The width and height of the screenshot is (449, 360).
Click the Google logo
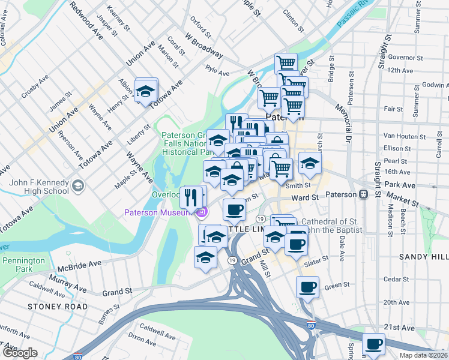tap(19, 353)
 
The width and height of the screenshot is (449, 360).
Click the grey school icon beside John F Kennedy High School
tap(77, 187)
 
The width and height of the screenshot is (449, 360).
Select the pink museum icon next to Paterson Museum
tap(202, 212)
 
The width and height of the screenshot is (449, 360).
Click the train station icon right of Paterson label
tap(363, 195)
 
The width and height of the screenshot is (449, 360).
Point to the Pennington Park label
tap(23, 265)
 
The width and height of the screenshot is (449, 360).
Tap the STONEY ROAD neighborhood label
tap(57, 307)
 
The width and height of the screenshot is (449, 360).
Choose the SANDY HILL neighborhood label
tap(423, 256)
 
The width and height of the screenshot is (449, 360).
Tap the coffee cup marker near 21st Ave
tap(373, 344)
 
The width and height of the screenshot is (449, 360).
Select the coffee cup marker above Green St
tap(307, 287)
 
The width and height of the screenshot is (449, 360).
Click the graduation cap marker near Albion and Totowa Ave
tap(145, 91)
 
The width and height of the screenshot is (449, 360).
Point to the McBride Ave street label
tap(79, 265)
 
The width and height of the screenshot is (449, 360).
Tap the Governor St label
tap(402, 58)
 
